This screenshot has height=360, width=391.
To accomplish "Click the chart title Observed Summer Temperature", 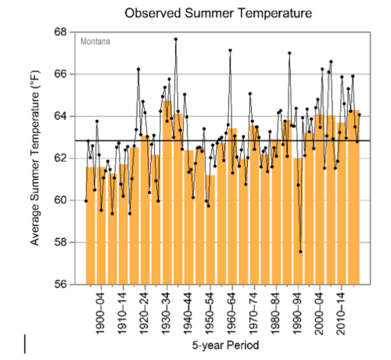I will (218, 14).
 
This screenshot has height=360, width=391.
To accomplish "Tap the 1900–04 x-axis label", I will (102, 310).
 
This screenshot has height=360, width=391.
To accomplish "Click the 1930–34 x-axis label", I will (168, 310).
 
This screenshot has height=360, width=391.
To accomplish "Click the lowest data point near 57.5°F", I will (300, 252).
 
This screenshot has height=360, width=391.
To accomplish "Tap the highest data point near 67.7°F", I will (176, 39).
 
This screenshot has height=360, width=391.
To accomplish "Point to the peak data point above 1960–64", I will (230, 50).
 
